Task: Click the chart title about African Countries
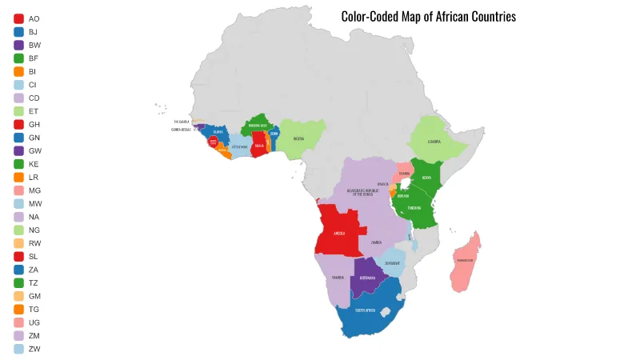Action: coord(428,17)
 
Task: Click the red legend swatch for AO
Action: coord(18,18)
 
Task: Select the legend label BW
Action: coord(34,45)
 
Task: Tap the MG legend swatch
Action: coord(18,190)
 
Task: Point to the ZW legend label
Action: coord(34,349)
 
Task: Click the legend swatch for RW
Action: coord(18,243)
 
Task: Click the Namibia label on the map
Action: coord(338,278)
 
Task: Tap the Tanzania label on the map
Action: coord(414,208)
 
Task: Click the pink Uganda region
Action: coord(404,174)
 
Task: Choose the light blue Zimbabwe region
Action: coord(391,262)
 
